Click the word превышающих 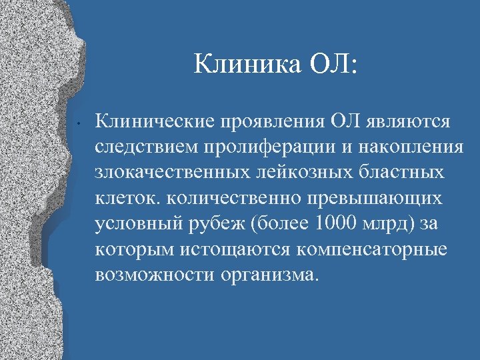point(390,198)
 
